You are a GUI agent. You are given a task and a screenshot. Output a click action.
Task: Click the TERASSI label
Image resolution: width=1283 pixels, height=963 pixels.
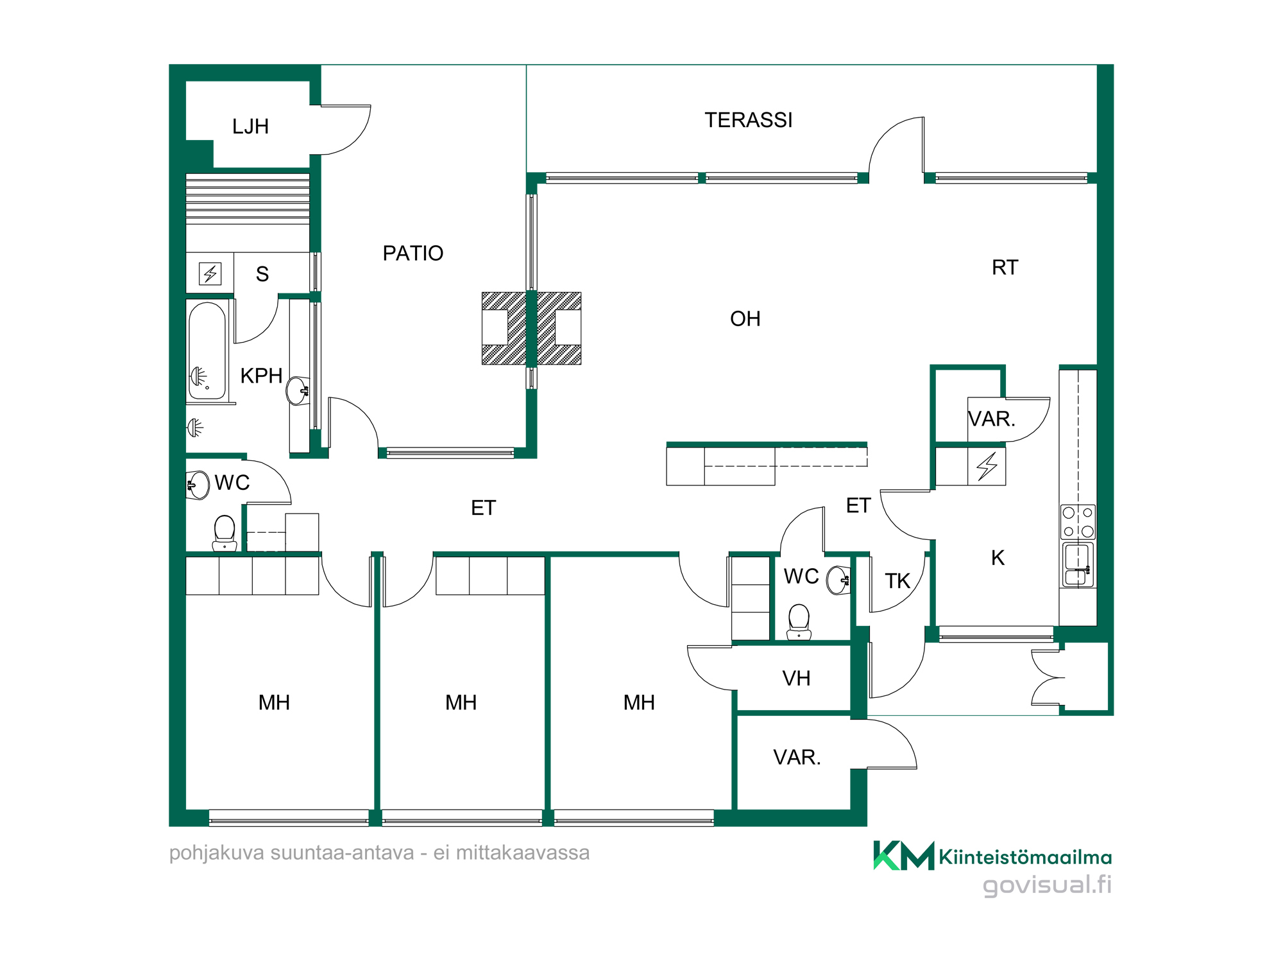point(749,120)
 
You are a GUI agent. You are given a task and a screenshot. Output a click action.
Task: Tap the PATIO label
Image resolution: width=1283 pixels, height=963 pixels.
point(413,254)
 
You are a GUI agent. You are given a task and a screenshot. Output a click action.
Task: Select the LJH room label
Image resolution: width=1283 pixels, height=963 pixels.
point(250,126)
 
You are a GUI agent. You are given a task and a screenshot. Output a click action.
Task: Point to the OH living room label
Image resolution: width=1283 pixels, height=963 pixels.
point(745,319)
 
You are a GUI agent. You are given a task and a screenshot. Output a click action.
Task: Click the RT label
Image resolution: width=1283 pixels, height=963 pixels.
point(1005,268)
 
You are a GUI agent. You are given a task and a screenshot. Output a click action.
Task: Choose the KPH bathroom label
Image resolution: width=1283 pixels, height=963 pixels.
point(261,376)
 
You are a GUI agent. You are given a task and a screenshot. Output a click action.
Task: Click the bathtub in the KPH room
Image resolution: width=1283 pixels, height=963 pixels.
point(207,351)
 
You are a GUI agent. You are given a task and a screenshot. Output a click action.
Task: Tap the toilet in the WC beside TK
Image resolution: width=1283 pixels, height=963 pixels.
point(799,621)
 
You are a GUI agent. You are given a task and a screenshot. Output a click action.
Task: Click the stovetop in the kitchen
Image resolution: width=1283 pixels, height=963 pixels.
point(1078,522)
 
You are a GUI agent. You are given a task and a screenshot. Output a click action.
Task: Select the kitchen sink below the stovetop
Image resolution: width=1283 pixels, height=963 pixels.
point(1078,564)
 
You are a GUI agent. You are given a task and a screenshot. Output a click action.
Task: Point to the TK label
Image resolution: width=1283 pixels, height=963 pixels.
point(897,581)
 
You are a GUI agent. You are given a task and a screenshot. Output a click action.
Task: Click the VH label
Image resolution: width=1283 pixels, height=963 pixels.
point(797,679)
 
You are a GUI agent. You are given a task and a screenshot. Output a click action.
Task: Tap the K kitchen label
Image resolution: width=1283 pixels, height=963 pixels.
point(998,558)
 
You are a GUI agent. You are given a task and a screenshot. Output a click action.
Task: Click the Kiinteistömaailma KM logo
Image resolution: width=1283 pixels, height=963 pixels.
point(904,855)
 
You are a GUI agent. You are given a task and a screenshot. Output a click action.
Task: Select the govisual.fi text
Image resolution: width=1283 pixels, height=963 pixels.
point(1047,885)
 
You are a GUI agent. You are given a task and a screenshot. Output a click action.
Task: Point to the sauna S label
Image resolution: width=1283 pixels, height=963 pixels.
point(262,274)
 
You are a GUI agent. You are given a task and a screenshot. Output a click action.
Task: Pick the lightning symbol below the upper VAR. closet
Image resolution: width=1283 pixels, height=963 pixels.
point(987,466)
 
